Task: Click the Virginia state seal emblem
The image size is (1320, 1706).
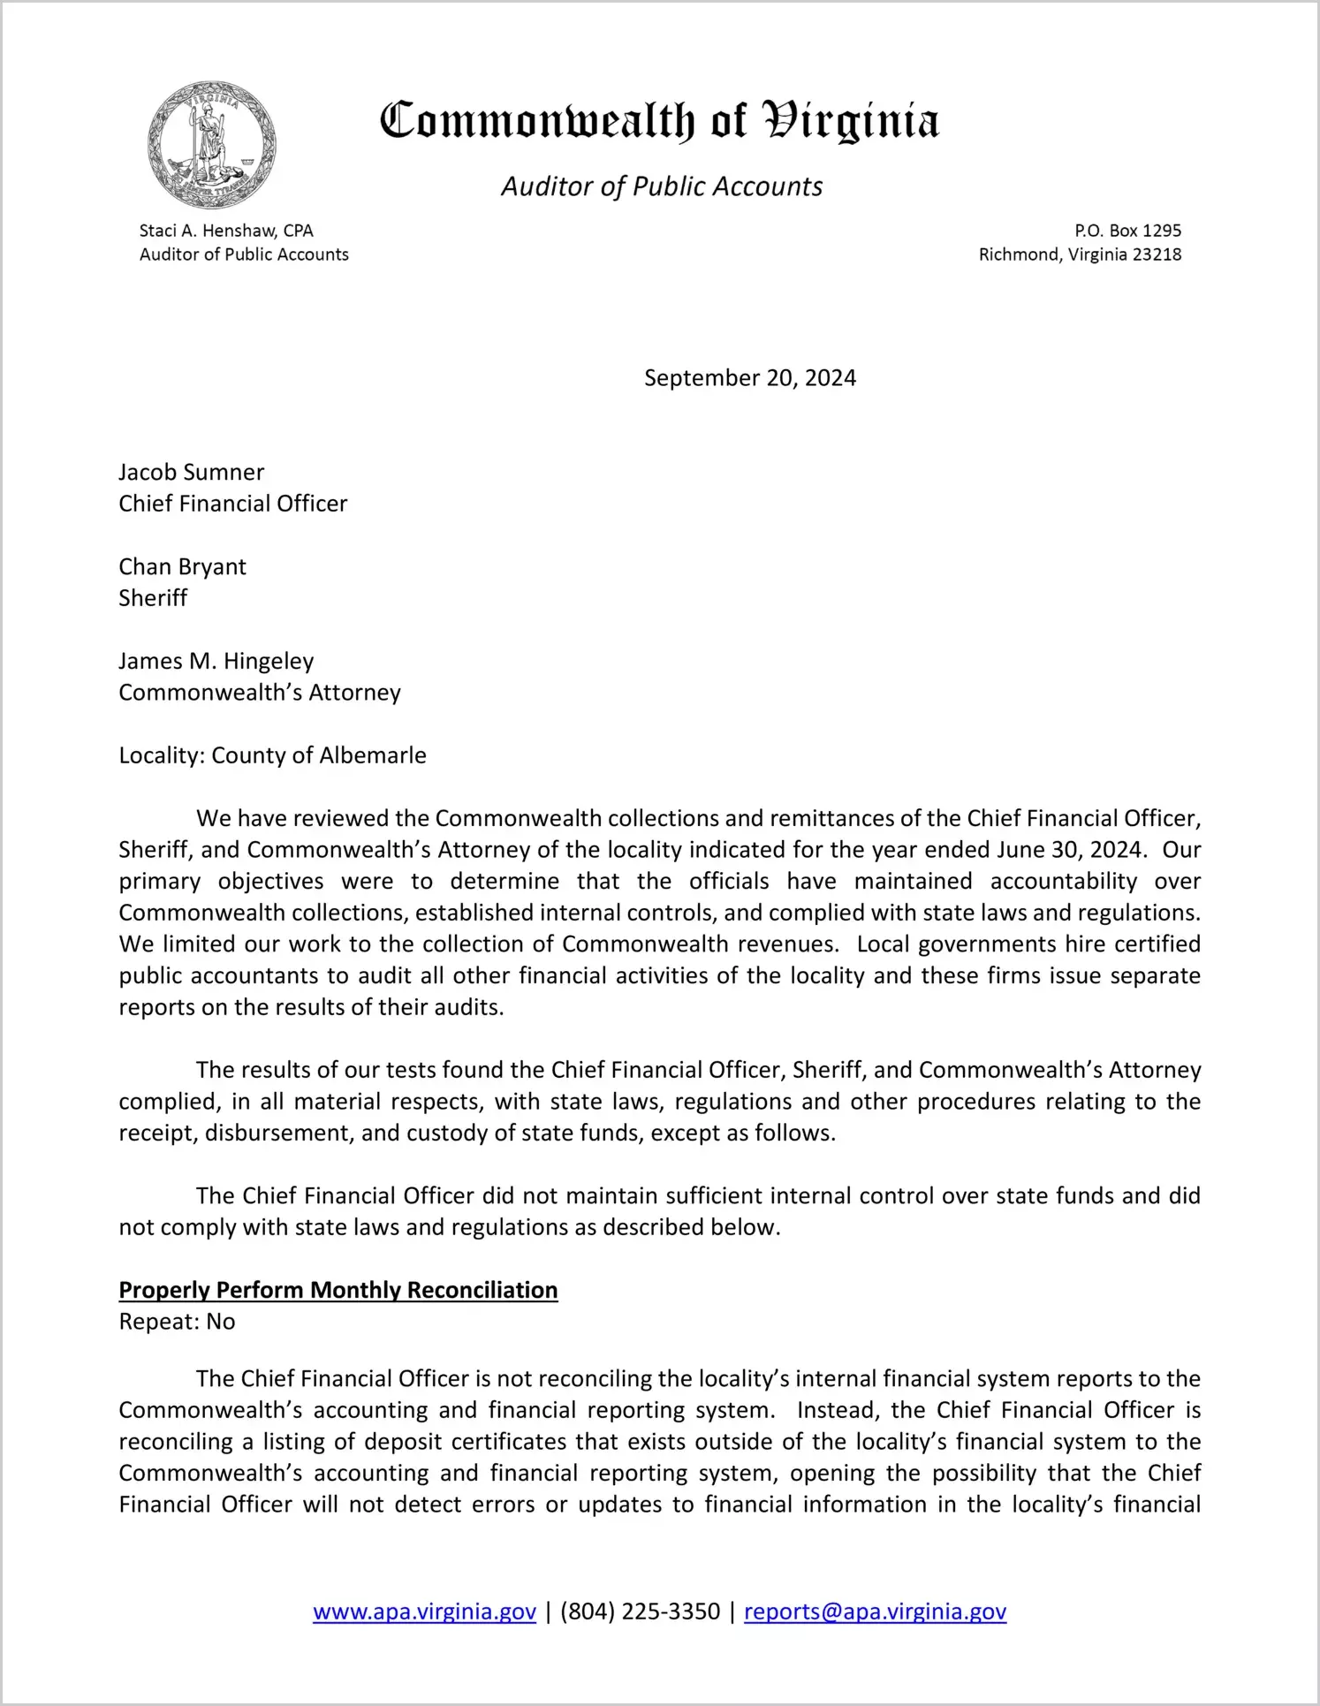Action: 211,145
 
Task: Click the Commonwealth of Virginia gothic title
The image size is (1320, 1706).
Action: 659,122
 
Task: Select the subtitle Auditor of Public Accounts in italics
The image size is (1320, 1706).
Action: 662,186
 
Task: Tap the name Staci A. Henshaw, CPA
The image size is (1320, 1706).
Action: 226,231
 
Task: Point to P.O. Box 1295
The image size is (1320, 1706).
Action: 1127,231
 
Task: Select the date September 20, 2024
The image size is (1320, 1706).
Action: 749,378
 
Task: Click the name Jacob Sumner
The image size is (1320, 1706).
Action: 192,472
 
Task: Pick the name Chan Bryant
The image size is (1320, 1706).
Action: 183,566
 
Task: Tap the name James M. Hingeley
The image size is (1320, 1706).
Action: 216,661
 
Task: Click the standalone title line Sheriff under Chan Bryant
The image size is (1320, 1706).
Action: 153,598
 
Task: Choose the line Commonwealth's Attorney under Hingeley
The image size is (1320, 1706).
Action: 260,693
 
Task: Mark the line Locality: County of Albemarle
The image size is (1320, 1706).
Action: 272,755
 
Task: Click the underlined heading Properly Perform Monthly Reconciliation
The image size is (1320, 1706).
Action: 338,1290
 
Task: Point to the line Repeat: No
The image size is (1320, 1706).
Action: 177,1322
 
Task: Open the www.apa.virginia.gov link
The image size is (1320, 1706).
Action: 424,1611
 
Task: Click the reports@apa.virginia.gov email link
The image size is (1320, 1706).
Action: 875,1611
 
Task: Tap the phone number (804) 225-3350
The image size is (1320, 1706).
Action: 640,1611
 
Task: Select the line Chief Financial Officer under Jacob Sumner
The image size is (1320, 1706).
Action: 233,504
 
